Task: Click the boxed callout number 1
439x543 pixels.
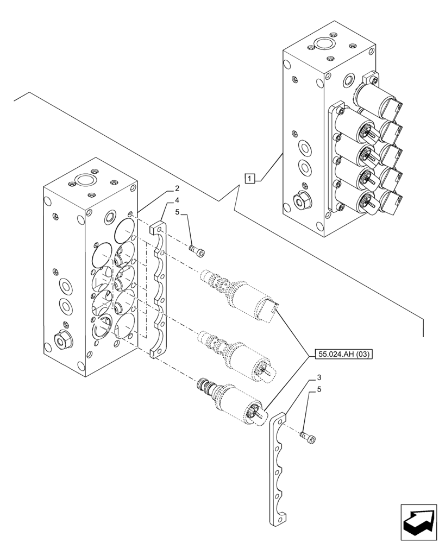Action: [249, 178]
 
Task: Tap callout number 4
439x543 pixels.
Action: [177, 201]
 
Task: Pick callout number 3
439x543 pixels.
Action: [319, 377]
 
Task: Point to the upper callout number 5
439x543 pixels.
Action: [177, 213]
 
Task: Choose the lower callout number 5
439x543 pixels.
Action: [319, 389]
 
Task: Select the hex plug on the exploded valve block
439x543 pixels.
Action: [60, 340]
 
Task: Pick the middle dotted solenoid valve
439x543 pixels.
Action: [239, 354]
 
